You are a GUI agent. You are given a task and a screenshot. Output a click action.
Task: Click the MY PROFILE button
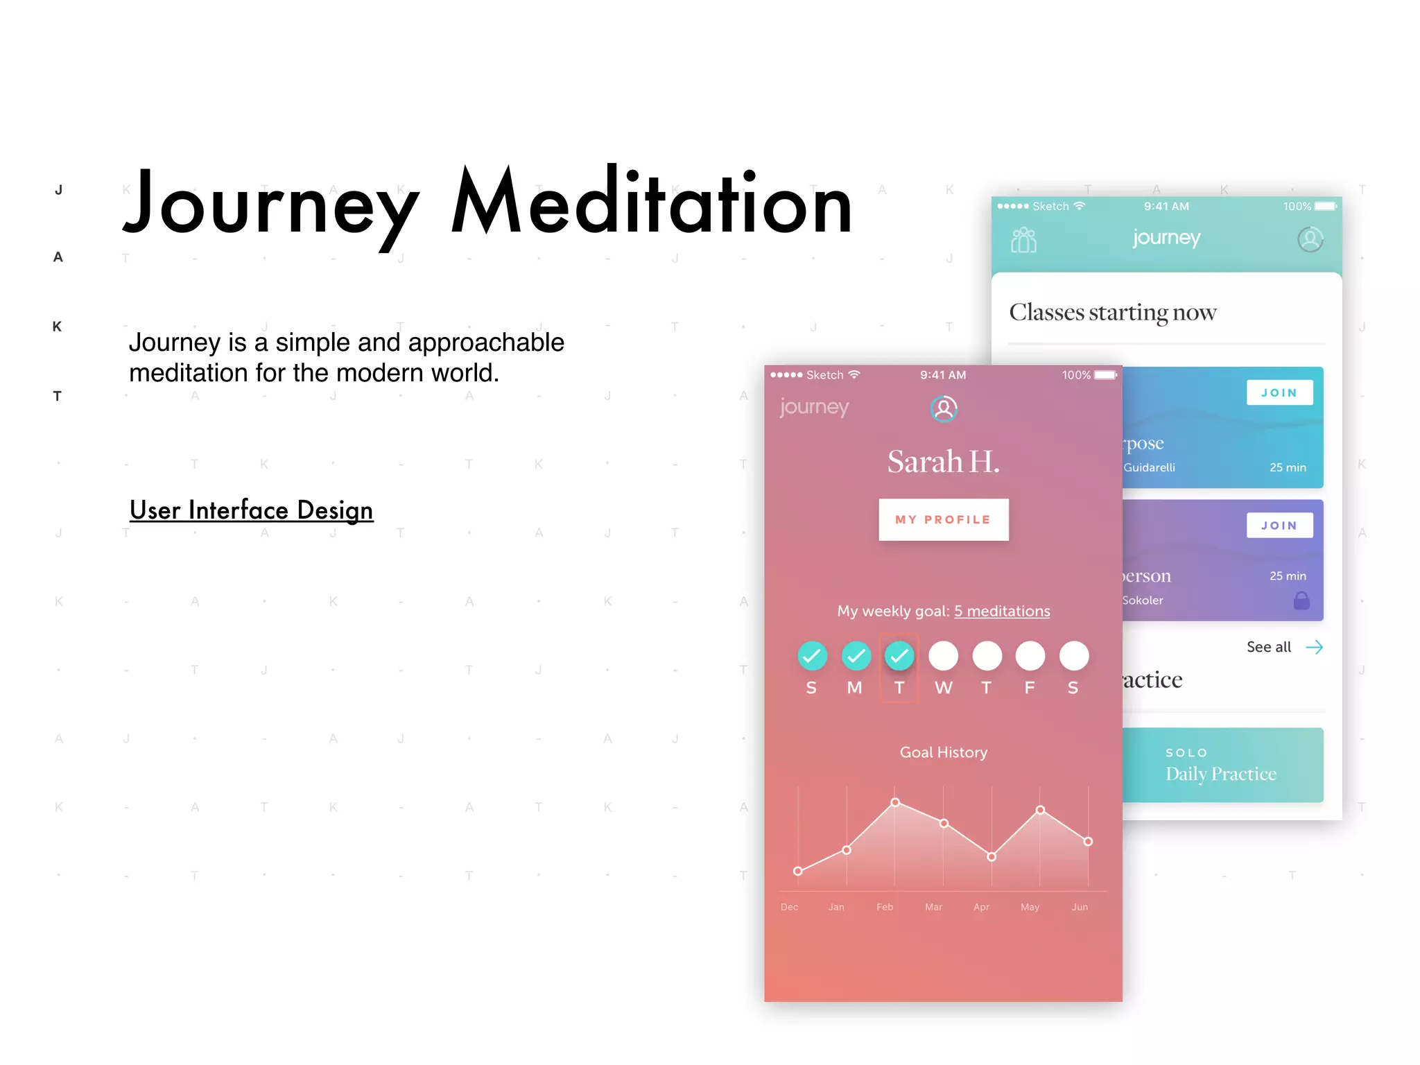(x=943, y=519)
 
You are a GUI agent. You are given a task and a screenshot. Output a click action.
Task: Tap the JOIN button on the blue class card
(x=1279, y=392)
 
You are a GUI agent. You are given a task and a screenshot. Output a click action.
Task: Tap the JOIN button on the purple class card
(x=1279, y=526)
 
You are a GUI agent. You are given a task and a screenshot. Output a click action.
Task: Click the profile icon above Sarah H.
(x=944, y=408)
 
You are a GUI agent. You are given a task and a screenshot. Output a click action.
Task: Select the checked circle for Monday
(x=856, y=656)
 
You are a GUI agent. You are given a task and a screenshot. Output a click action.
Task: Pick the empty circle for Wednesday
(x=943, y=656)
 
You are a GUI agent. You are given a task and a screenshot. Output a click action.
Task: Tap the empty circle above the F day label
(x=1030, y=656)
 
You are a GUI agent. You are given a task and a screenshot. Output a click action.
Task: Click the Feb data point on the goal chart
(x=895, y=802)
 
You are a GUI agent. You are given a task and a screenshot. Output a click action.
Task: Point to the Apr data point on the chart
(x=992, y=857)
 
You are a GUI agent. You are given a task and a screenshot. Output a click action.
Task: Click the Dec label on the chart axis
(x=789, y=907)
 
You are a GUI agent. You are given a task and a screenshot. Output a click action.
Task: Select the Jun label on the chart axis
(x=1080, y=907)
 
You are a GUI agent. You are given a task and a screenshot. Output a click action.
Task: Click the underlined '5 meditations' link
(x=1002, y=611)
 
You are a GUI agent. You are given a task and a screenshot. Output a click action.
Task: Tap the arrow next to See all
(x=1314, y=647)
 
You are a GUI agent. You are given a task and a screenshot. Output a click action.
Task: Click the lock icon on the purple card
(x=1301, y=600)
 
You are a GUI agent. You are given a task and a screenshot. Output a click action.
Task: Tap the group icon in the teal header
(x=1024, y=240)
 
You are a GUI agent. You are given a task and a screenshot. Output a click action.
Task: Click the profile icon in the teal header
(x=1310, y=239)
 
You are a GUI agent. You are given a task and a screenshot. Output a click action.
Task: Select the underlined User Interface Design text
(x=251, y=510)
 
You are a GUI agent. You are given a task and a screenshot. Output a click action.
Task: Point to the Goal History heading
(x=943, y=752)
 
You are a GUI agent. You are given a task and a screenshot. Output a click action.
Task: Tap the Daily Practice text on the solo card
(x=1220, y=774)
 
